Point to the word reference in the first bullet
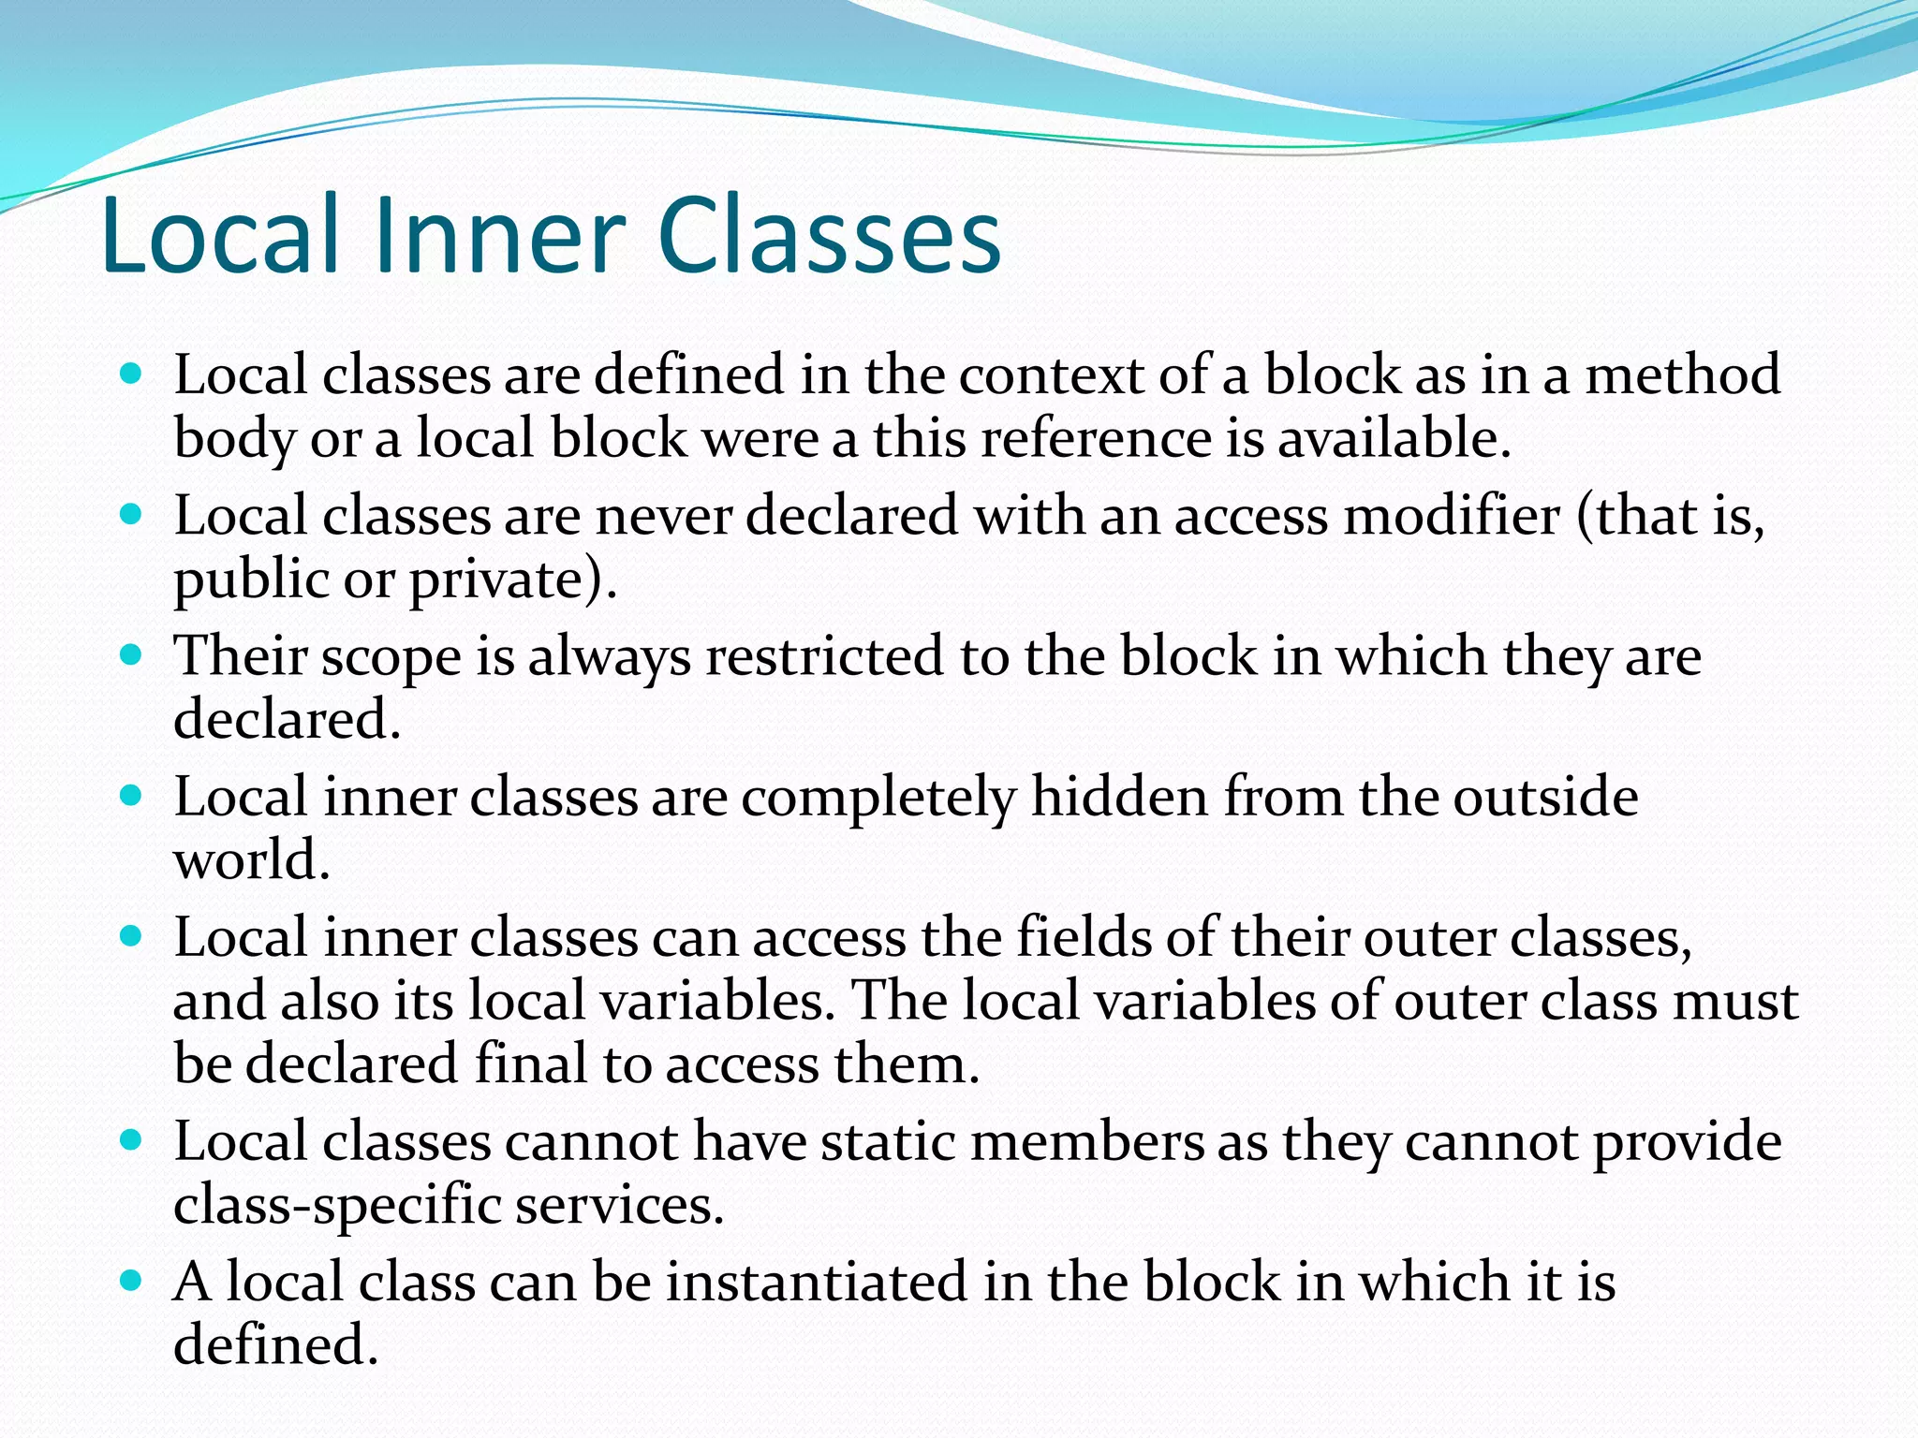coord(1096,438)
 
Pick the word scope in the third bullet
coord(391,657)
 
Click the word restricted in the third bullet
coord(824,655)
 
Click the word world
coord(251,861)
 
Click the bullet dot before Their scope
coord(131,654)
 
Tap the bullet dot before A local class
coord(131,1280)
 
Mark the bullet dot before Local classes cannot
coord(131,1140)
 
